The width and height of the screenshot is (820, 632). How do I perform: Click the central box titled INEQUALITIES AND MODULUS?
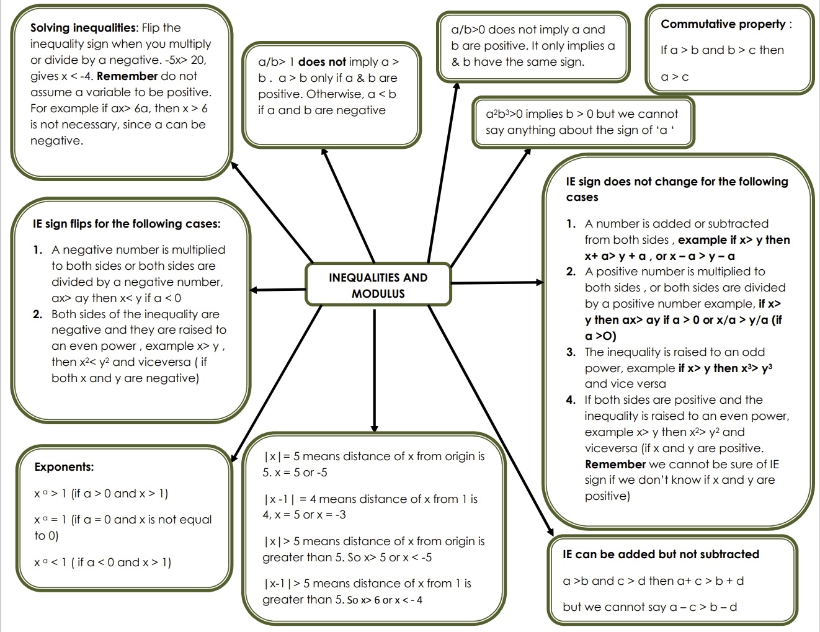(x=378, y=285)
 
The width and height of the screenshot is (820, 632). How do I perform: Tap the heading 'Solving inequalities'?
(x=83, y=28)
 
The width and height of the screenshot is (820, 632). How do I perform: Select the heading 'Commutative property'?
(x=723, y=24)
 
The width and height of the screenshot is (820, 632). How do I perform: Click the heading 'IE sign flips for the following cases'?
(x=127, y=224)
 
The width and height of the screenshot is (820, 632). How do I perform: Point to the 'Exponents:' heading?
(x=64, y=467)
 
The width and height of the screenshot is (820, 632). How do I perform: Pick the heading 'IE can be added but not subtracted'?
(x=661, y=554)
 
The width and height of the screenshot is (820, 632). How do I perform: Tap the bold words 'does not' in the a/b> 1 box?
(x=322, y=62)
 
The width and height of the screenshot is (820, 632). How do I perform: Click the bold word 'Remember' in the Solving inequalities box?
(x=127, y=76)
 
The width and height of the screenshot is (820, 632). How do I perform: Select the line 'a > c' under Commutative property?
(x=675, y=78)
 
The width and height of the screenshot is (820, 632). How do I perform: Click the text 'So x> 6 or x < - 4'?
(x=385, y=600)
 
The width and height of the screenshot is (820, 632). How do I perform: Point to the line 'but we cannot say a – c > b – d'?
(x=649, y=607)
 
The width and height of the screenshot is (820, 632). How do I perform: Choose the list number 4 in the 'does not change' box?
(x=571, y=400)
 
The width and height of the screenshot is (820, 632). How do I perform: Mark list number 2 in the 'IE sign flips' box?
(x=37, y=314)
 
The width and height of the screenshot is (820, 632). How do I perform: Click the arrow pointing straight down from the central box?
(x=374, y=372)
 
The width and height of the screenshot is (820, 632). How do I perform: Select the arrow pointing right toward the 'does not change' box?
(x=496, y=283)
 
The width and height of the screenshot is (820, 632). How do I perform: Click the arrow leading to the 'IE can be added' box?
(x=490, y=422)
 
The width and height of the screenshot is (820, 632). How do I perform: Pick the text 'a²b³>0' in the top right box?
(x=504, y=114)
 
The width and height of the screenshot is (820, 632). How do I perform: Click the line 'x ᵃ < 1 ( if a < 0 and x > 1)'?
(x=102, y=563)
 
